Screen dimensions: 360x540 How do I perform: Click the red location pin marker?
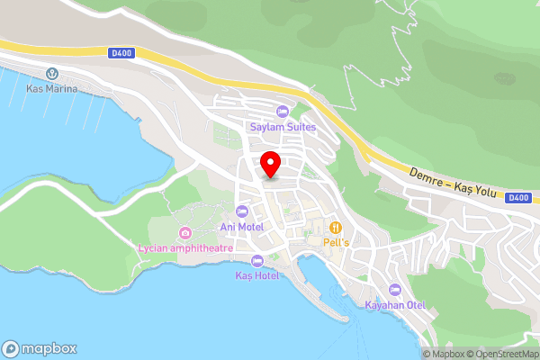[270, 165]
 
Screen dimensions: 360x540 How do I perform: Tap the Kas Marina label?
[52, 88]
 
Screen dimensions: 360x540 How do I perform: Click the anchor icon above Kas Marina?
[52, 73]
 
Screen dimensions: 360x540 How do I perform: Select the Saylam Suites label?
[283, 127]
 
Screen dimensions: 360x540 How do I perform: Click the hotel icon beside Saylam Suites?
[283, 112]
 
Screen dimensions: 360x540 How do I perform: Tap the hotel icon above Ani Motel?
[242, 211]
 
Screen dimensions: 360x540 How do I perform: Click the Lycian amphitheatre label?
[185, 247]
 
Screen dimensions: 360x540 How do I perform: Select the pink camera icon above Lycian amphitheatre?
[185, 232]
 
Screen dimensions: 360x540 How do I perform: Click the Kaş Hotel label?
[257, 274]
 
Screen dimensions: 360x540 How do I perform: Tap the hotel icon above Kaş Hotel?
[257, 259]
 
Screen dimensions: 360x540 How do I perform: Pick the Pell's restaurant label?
[337, 242]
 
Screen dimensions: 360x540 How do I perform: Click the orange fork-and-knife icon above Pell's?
[337, 227]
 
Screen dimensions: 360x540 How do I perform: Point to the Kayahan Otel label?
[394, 305]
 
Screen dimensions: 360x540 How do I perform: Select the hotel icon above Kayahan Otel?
[394, 290]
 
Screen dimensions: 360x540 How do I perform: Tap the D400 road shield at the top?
[121, 54]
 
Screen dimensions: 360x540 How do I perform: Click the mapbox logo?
[40, 349]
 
